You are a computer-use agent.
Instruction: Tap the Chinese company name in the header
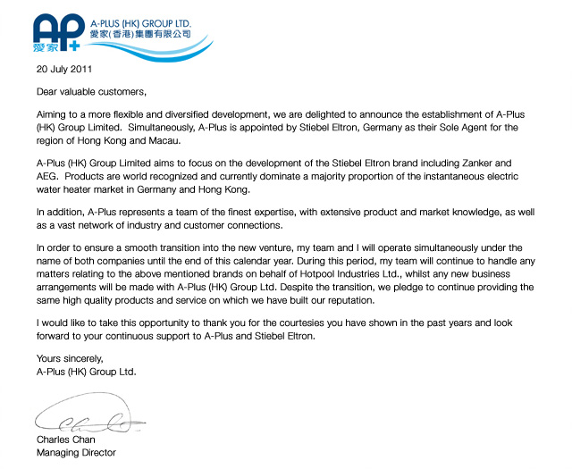tap(140, 34)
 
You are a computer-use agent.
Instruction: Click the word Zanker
tap(493, 163)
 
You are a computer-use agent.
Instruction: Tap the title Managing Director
tap(76, 453)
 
